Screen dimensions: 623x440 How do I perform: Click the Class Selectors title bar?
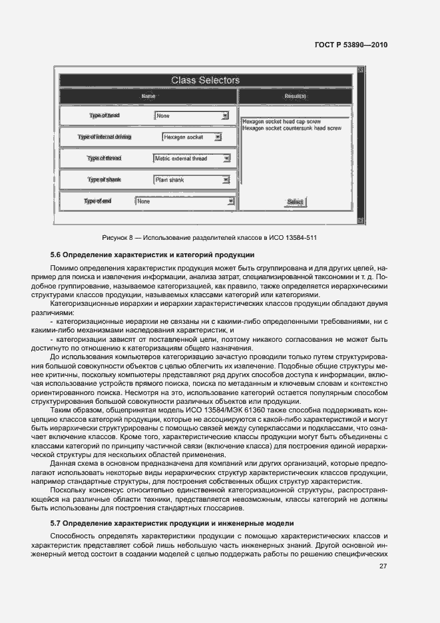click(205, 81)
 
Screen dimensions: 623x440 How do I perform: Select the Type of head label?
click(104, 116)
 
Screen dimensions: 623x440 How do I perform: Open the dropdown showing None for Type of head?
click(192, 116)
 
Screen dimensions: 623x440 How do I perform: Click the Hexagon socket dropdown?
click(192, 137)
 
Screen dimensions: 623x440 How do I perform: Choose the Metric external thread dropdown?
click(192, 159)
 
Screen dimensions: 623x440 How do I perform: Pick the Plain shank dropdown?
click(192, 180)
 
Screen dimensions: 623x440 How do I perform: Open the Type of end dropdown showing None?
click(185, 201)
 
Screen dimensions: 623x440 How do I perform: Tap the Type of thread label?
click(105, 159)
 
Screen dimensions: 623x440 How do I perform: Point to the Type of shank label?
click(105, 180)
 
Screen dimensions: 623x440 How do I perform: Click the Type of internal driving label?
click(105, 137)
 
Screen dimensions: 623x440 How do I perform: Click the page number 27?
click(383, 566)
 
